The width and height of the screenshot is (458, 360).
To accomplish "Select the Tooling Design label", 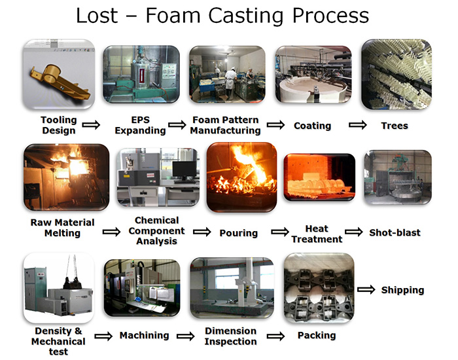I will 58,124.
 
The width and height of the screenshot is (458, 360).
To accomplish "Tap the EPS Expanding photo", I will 141,73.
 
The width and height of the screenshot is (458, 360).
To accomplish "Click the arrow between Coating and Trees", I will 357,125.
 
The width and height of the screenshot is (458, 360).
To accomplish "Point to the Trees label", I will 394,125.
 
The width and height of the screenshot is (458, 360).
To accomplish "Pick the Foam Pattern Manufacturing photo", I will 226,73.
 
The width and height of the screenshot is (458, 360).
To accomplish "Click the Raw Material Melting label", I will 62,227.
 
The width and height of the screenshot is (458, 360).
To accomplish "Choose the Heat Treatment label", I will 317,234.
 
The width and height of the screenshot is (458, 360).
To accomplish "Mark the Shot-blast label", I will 395,232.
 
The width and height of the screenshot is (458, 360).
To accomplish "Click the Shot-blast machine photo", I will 397,179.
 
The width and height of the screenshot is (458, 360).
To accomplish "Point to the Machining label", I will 144,336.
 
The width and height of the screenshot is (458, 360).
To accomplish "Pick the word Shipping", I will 402,290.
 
